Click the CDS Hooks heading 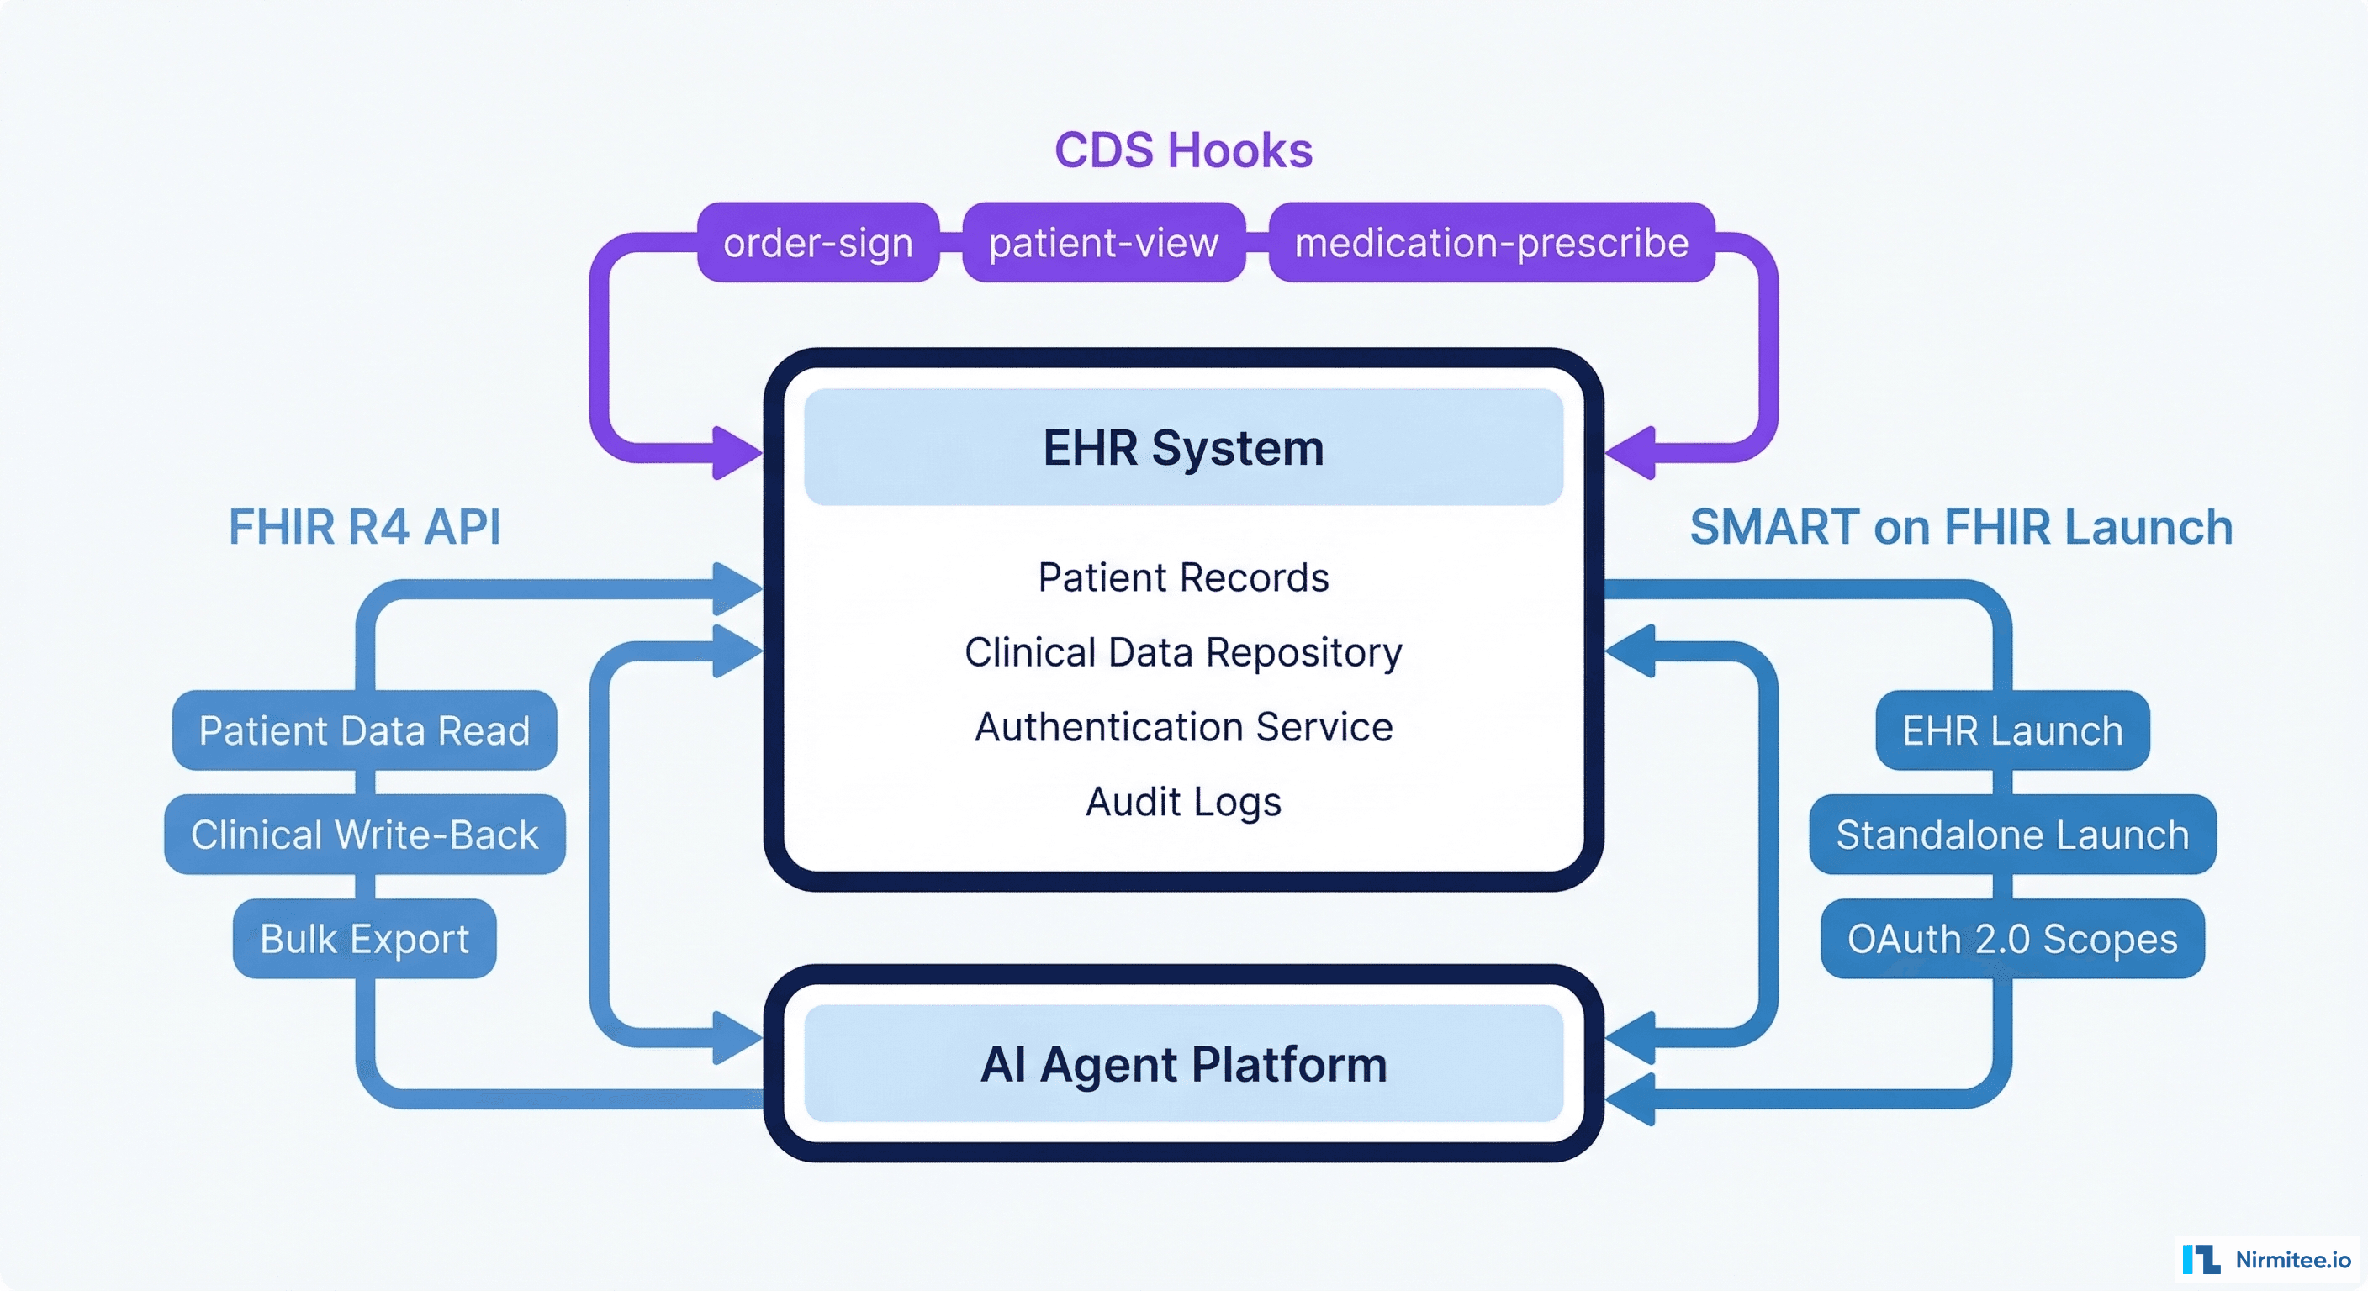click(1183, 150)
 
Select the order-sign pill click(818, 243)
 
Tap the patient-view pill click(1103, 243)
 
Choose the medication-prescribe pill click(1491, 243)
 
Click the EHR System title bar click(1183, 447)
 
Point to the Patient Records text click(1183, 578)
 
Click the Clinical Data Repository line click(1183, 652)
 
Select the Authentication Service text click(1183, 727)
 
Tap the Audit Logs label click(1183, 801)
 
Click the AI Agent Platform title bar click(1183, 1064)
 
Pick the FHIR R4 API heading click(364, 528)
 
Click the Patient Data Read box click(364, 730)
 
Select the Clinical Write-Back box click(364, 835)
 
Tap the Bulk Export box click(364, 939)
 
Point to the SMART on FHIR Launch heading click(1961, 528)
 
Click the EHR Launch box click(2012, 730)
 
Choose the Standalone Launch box click(2012, 835)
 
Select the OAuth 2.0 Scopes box click(2012, 939)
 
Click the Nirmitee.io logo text click(2292, 1260)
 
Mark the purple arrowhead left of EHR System click(737, 453)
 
